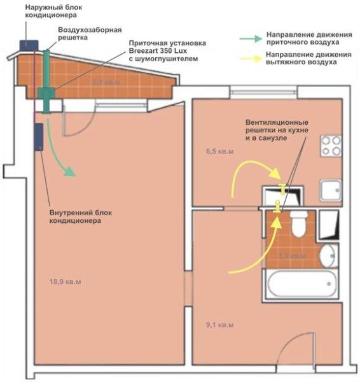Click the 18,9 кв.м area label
tap(66, 281)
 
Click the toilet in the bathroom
tap(299, 224)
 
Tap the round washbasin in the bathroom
tap(328, 256)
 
